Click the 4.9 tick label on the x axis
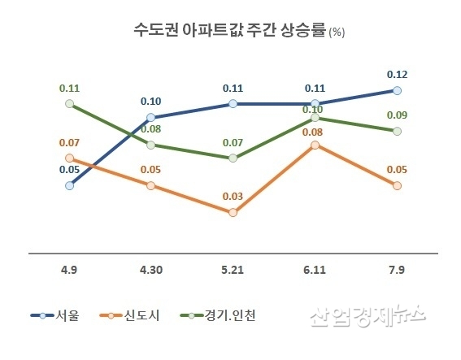pos(69,269)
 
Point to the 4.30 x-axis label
pos(151,269)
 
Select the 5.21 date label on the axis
pos(233,269)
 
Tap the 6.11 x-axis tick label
pos(315,269)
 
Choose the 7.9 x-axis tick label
pos(397,269)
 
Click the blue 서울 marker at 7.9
pos(397,90)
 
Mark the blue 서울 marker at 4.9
pos(69,185)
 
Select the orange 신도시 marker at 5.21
pos(233,212)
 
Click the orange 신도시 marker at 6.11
pos(315,145)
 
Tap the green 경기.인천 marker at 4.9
pos(69,104)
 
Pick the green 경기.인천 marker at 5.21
pos(233,158)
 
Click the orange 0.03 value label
pos(233,196)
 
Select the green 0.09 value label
pos(398,115)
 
